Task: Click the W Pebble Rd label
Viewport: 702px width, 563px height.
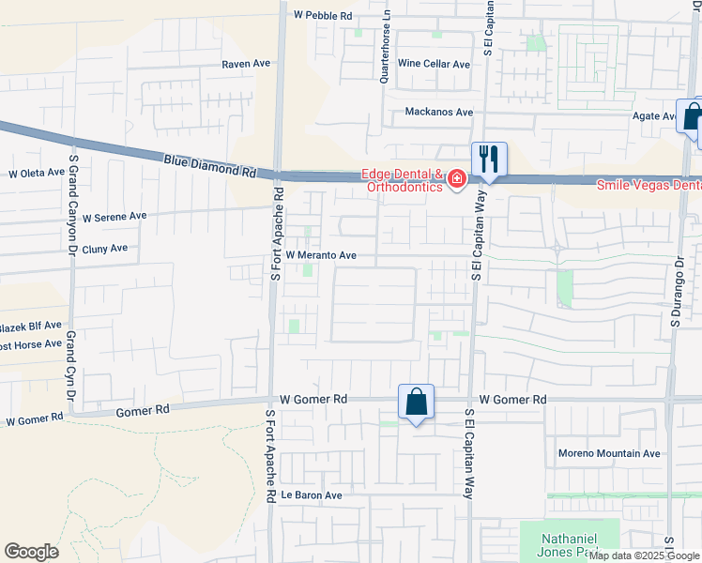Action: pos(322,16)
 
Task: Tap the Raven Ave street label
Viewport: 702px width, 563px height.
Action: pos(246,64)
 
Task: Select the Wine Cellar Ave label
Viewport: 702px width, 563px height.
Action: pos(434,64)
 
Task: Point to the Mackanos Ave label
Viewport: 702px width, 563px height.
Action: pos(438,112)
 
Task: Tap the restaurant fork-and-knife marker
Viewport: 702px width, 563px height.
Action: pos(489,159)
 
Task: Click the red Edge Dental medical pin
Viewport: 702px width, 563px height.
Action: pos(457,178)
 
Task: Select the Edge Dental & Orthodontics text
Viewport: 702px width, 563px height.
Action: pos(403,180)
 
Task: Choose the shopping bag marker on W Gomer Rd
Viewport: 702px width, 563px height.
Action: pos(416,403)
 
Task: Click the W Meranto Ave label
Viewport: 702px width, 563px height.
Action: pos(321,255)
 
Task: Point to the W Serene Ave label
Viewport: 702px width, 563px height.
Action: pos(114,216)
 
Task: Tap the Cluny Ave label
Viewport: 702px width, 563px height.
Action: pos(104,249)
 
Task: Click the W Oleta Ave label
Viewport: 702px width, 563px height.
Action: pos(37,173)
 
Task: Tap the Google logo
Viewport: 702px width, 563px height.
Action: pos(31,552)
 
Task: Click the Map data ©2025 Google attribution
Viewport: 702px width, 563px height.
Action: pos(645,555)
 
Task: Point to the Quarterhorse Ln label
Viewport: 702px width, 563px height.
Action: pos(384,53)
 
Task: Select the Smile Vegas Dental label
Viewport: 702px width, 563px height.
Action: pos(649,186)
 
